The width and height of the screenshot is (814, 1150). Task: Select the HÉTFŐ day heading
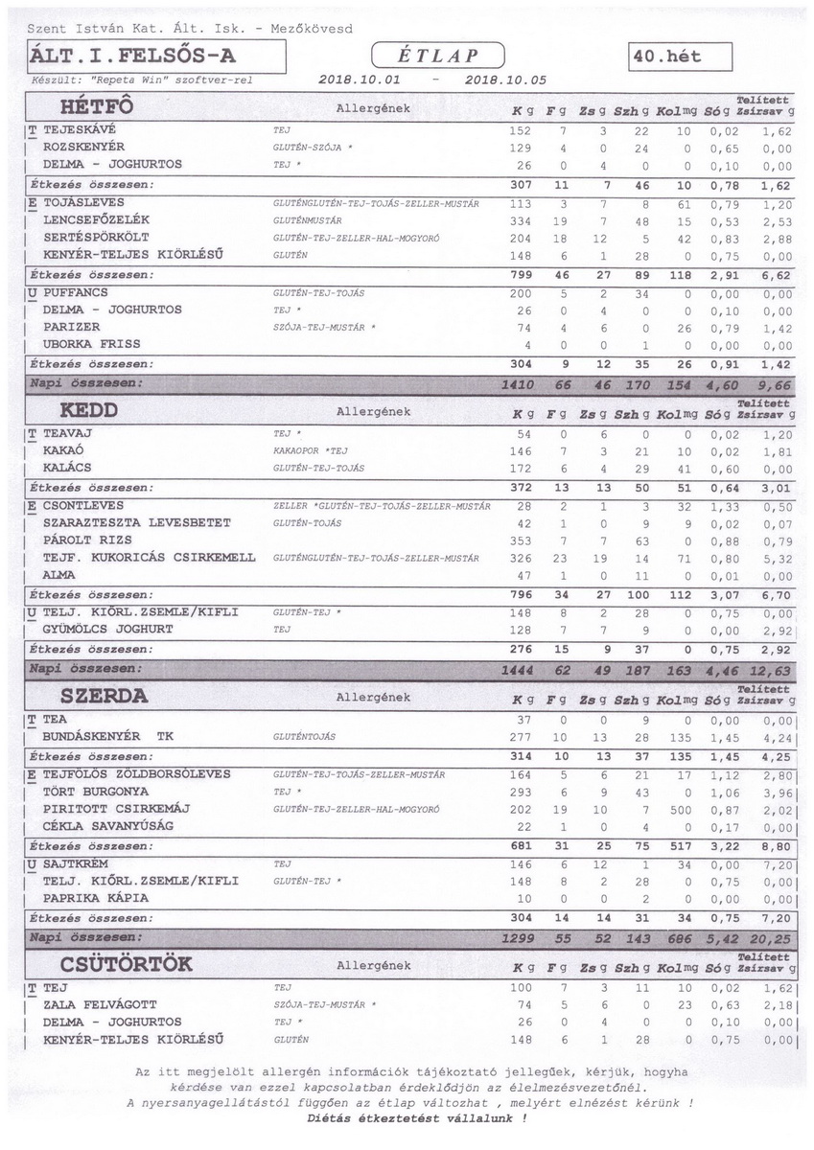coord(96,106)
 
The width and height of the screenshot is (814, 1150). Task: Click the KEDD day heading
coord(88,410)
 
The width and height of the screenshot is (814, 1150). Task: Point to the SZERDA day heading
coord(104,697)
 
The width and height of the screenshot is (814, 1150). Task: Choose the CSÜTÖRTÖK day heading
coord(127,964)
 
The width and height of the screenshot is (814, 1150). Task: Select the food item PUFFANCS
coord(75,292)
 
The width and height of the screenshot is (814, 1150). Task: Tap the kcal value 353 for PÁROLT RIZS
coord(519,540)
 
